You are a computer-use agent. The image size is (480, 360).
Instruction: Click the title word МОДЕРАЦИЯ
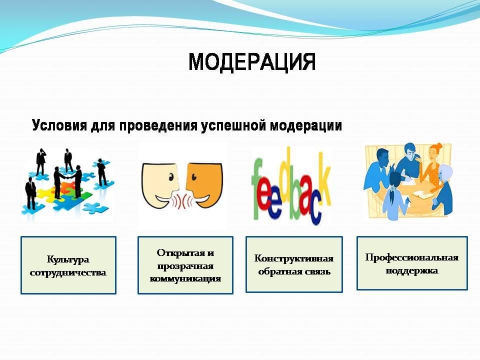click(251, 62)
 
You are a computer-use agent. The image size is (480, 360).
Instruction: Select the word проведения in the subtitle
click(158, 126)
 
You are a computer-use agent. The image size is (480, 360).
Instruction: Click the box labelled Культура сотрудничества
click(68, 265)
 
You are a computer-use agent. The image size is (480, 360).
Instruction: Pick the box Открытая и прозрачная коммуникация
click(185, 265)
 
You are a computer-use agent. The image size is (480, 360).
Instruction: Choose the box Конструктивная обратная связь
click(294, 264)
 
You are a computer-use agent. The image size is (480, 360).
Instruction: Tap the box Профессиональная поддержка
click(412, 263)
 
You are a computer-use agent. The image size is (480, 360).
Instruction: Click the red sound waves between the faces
click(183, 200)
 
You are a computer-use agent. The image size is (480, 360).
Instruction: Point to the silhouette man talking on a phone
click(40, 161)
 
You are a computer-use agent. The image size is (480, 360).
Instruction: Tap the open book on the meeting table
click(422, 194)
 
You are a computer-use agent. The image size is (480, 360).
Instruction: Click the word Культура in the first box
click(68, 260)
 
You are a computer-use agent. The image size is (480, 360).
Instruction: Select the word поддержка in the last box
click(411, 270)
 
